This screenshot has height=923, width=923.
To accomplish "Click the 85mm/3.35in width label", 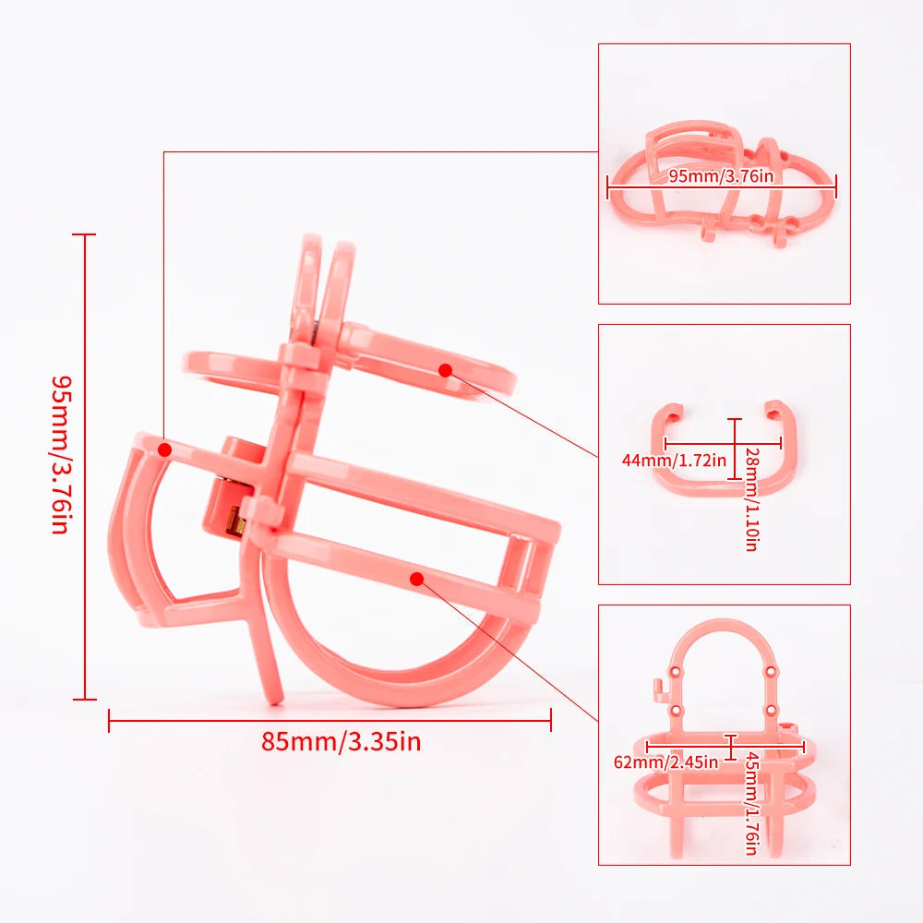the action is (x=342, y=741).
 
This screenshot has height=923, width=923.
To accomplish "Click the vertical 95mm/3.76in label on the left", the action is (x=61, y=454).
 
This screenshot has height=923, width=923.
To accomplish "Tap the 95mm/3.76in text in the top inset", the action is (x=721, y=176).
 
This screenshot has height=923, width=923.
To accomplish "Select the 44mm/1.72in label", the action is (x=674, y=460).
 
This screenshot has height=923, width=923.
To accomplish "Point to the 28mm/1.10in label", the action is (x=751, y=499).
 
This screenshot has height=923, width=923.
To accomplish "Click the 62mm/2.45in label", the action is (x=665, y=762).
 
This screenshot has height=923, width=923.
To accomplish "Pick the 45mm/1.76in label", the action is (x=751, y=803).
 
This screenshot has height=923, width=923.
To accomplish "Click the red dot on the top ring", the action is (x=445, y=370).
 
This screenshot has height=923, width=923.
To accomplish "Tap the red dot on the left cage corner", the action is (x=165, y=450).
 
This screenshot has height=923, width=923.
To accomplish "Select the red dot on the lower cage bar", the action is (x=417, y=580).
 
